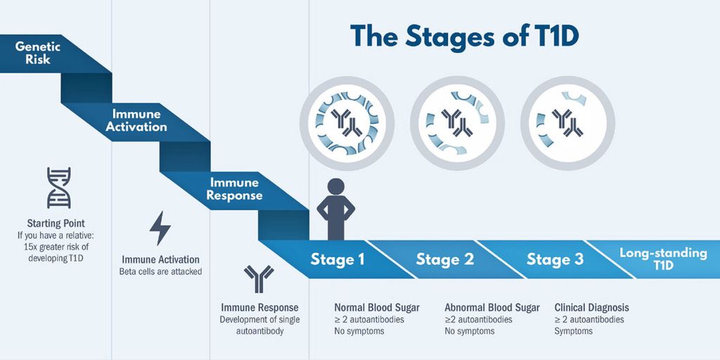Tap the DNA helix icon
coord(58,188)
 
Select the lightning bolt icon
coord(160,228)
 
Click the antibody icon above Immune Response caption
coord(259,279)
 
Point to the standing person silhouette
coord(336,207)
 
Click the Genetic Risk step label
coord(38,53)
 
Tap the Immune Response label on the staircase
coord(235,188)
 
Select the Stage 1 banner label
coord(337,259)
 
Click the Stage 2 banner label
coord(445,259)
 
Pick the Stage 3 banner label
coord(555,259)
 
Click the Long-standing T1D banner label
coord(663,259)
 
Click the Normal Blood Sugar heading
coord(377,307)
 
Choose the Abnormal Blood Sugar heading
coord(492,307)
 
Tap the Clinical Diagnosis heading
coord(591,307)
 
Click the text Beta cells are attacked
coord(160,271)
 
